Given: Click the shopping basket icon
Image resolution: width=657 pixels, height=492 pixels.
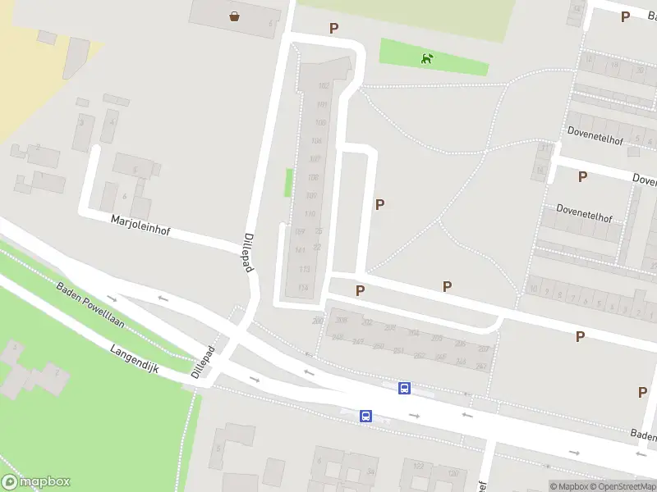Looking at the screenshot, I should pyautogui.click(x=235, y=16).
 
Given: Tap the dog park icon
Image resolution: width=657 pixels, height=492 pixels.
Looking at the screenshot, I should pyautogui.click(x=426, y=58).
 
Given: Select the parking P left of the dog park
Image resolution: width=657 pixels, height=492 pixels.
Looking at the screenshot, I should pyautogui.click(x=333, y=29).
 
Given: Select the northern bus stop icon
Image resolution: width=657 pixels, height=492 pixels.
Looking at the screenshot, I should pyautogui.click(x=404, y=389).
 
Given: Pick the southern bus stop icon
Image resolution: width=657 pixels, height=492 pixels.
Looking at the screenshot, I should pyautogui.click(x=365, y=417).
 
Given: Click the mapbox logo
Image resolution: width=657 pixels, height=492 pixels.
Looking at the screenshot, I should pyautogui.click(x=36, y=482).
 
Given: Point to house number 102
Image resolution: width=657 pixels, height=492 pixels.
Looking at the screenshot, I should pyautogui.click(x=324, y=86).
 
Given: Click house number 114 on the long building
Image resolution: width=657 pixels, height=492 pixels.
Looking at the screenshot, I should pyautogui.click(x=303, y=286).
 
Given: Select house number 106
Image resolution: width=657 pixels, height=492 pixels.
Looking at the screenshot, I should pyautogui.click(x=317, y=141).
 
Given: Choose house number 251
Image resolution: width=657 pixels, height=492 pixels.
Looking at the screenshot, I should pyautogui.click(x=398, y=351).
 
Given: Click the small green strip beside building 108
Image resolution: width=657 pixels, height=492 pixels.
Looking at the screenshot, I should pyautogui.click(x=288, y=182).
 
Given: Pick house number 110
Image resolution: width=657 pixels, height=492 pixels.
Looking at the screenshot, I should pyautogui.click(x=310, y=214).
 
